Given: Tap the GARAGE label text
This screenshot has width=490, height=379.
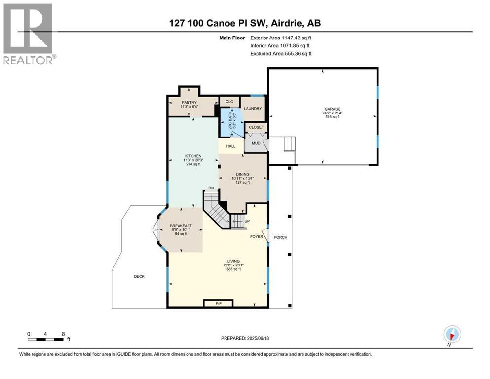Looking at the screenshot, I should coord(332,109).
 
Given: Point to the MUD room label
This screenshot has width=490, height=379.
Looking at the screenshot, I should coord(256,143).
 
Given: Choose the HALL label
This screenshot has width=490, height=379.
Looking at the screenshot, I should coord(231,146).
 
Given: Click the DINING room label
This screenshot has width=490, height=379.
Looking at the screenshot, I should coord(242,174).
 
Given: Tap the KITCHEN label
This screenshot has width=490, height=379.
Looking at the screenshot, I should coord(190,156).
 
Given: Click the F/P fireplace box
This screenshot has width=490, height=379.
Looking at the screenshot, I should coord(218,303).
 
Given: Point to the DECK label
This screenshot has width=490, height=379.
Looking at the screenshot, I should coord(139,277).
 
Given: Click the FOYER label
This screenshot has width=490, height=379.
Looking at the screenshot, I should coord(257,237).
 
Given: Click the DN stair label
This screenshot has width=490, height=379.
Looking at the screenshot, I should coord(210,188).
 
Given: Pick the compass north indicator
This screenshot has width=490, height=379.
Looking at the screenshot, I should coord(452,334).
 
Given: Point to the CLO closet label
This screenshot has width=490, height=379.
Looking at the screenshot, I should coord(229,102).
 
